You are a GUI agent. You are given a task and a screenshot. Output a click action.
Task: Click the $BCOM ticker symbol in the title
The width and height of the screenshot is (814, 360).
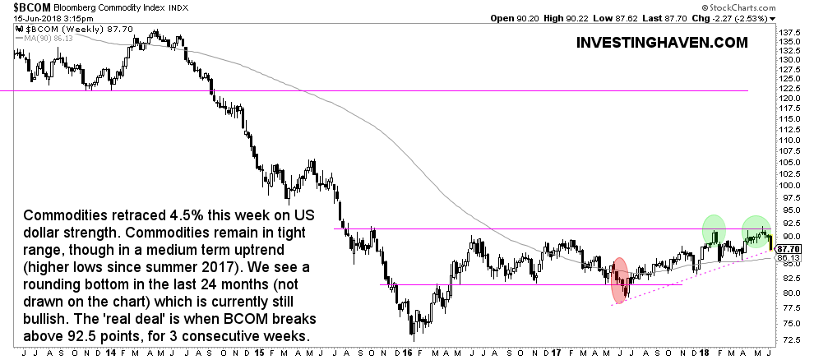[22, 6]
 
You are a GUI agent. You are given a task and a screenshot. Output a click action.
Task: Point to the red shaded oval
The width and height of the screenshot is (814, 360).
[621, 279]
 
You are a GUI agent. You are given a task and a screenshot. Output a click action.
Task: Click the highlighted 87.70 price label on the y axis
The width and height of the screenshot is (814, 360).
[791, 247]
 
